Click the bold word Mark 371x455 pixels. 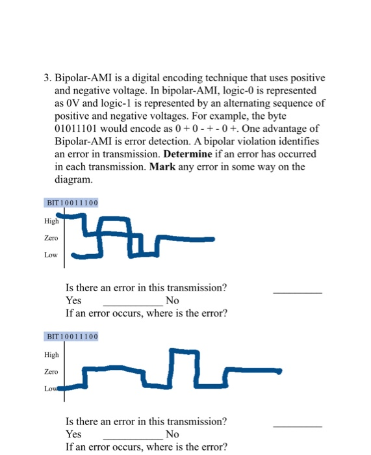click(x=162, y=166)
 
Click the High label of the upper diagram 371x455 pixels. click(x=51, y=221)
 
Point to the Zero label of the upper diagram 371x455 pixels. click(x=51, y=238)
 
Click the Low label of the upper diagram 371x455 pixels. click(x=51, y=255)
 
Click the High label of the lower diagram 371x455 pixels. click(x=51, y=355)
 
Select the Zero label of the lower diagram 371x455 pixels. click(x=51, y=372)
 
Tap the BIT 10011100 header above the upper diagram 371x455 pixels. click(x=71, y=203)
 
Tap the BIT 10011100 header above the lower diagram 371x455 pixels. click(x=71, y=337)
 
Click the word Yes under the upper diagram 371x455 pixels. click(x=73, y=300)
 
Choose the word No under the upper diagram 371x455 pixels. click(x=172, y=300)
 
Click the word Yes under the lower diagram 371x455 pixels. click(x=73, y=434)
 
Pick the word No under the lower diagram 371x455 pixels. click(x=172, y=434)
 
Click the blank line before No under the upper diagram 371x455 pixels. click(x=133, y=304)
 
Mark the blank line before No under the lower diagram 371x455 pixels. click(x=133, y=438)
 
